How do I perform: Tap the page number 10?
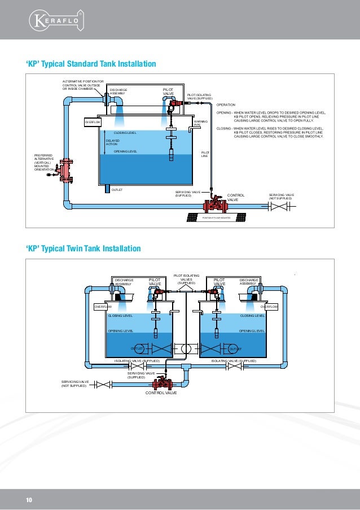coord(29,500)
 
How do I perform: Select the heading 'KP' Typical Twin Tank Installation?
coord(83,249)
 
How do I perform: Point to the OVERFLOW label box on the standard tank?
coord(92,122)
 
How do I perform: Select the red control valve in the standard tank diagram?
coord(215,205)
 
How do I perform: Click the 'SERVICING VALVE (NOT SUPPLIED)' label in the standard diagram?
coord(280,196)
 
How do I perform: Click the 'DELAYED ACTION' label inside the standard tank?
coord(112,142)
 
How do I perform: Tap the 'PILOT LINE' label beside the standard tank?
coord(205,154)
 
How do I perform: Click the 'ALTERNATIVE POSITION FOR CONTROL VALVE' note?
coord(82,85)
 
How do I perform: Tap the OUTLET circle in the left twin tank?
coord(137,348)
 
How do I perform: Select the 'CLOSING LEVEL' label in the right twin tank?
coord(252,316)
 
